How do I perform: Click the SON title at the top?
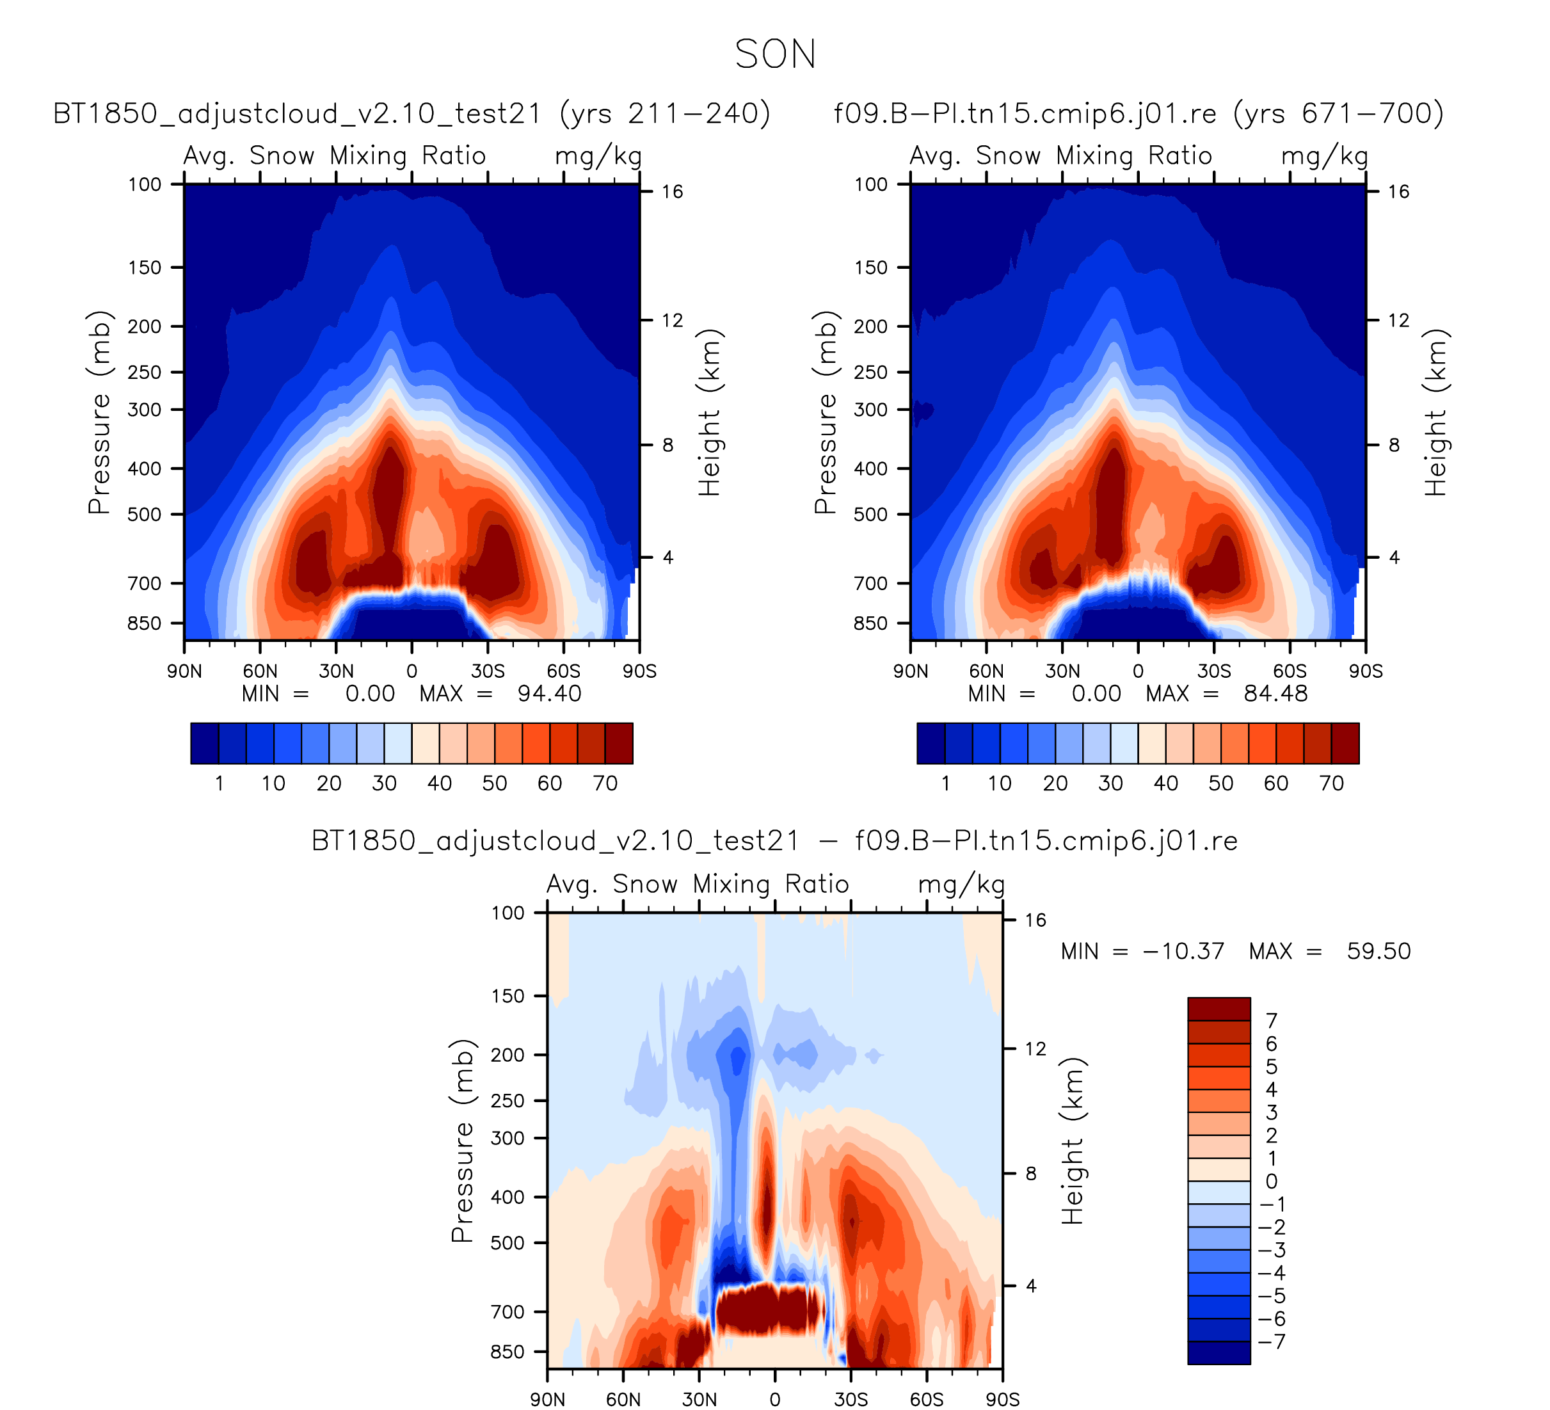point(775,54)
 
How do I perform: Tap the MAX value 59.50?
point(1378,951)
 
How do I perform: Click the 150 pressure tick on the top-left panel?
point(145,268)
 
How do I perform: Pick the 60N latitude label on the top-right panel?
point(986,671)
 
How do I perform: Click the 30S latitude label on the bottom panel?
point(851,1399)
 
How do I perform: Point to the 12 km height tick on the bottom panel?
point(1035,1048)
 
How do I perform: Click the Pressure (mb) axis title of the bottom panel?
point(462,1141)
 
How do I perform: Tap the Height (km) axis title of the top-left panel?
point(709,412)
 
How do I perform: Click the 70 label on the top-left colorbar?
point(605,783)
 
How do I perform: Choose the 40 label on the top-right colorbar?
point(1165,783)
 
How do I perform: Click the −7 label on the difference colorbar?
point(1274,1342)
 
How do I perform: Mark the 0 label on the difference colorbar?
point(1272,1181)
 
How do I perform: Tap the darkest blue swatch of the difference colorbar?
point(1218,1353)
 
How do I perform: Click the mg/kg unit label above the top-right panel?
point(1324,157)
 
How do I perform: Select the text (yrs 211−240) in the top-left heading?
point(664,114)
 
